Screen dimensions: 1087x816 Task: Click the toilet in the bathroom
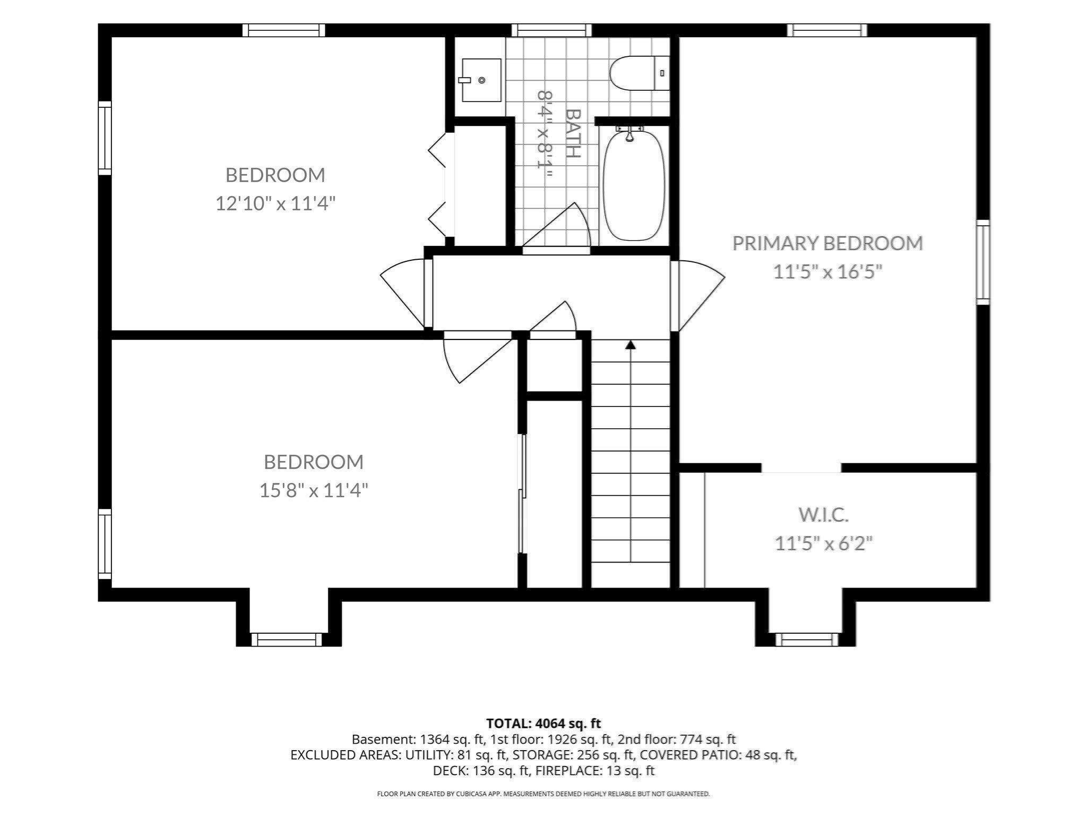point(640,73)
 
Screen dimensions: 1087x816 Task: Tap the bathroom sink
point(481,80)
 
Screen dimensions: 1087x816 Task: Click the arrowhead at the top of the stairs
point(631,345)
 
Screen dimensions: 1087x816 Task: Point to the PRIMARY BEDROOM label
point(827,243)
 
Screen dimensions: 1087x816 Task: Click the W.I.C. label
point(823,514)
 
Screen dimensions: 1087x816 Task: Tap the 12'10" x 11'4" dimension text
point(275,203)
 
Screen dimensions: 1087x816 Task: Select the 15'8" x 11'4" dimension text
point(314,490)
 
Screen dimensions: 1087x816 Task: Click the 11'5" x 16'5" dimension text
point(827,272)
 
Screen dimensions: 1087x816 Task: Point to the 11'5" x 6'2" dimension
point(824,543)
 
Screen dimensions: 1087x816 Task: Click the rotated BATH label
point(573,133)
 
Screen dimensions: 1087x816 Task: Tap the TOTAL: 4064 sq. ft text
point(543,723)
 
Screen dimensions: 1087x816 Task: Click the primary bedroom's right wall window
point(984,262)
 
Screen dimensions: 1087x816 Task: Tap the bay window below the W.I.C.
point(807,639)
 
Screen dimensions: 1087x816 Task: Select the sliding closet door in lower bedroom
point(523,494)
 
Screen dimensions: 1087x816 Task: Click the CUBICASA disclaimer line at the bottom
point(543,794)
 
